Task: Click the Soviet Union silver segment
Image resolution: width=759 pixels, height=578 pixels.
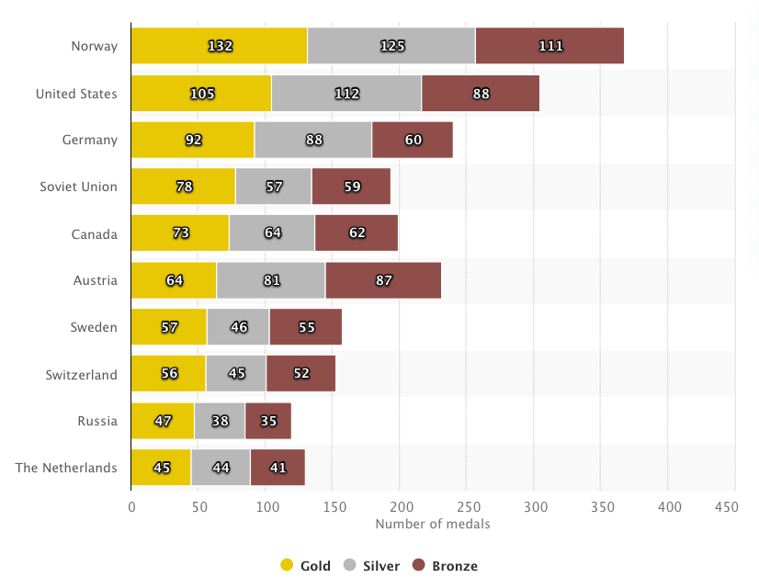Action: (x=274, y=187)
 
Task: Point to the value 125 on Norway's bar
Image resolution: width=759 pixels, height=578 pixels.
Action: (x=391, y=46)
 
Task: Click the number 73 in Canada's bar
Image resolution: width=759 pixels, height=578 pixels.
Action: (x=180, y=233)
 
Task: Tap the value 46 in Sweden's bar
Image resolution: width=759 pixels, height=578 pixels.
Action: (x=238, y=327)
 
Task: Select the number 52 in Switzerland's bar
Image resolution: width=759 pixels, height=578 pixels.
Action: (x=300, y=374)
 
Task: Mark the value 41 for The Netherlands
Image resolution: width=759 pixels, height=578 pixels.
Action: (x=278, y=468)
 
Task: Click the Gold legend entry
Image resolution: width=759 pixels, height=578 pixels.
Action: (x=308, y=566)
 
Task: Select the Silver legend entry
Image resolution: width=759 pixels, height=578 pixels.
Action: (x=371, y=566)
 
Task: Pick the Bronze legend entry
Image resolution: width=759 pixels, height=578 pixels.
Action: (x=445, y=566)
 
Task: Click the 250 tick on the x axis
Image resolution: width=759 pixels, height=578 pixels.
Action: (x=468, y=506)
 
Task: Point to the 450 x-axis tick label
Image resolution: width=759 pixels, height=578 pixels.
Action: (x=726, y=506)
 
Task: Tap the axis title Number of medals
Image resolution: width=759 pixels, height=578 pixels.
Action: (x=433, y=524)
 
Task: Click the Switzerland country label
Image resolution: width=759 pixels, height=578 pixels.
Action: (x=82, y=374)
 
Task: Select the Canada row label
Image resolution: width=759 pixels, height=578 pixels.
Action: (x=95, y=233)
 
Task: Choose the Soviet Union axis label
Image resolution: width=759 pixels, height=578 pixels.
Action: (x=79, y=187)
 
